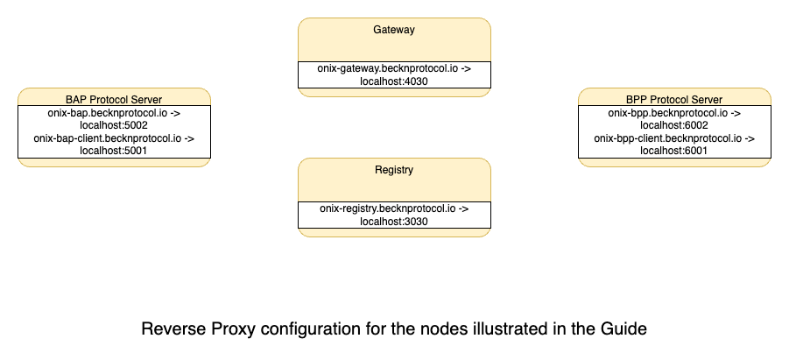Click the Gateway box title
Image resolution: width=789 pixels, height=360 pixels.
[x=394, y=30]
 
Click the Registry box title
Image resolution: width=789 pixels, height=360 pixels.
[x=394, y=169]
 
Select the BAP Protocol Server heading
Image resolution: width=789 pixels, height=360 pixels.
[x=114, y=99]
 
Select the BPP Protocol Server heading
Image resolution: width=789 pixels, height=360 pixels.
[x=674, y=99]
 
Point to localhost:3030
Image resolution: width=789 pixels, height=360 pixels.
[x=394, y=222]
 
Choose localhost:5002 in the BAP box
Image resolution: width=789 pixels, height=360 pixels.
[x=114, y=125]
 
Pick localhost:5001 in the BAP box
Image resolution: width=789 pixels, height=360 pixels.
[x=114, y=151]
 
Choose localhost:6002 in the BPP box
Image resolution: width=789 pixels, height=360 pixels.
[x=674, y=125]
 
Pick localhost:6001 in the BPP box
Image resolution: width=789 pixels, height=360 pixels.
[x=674, y=151]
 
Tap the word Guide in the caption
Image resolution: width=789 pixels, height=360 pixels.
[x=623, y=330]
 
